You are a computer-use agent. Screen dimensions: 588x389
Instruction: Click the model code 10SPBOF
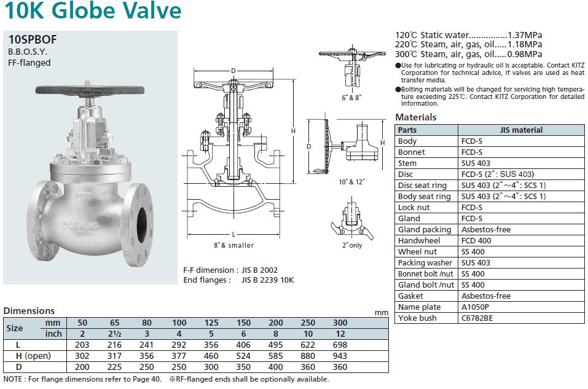pos(33,39)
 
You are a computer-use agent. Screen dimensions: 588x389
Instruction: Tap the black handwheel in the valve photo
pos(90,90)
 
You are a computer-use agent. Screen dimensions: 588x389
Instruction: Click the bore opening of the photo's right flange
pos(142,225)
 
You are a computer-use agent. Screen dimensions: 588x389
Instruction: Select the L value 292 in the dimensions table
pos(179,345)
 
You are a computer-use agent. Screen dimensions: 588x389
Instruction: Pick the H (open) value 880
pos(308,356)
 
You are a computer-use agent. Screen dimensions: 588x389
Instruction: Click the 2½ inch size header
pos(114,334)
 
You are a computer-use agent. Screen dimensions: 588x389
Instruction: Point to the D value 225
pos(114,367)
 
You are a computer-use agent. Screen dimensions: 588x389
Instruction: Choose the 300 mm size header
pos(340,323)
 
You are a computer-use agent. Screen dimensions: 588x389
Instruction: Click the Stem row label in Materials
pos(407,163)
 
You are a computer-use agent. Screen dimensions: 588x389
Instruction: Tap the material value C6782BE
pos(477,318)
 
